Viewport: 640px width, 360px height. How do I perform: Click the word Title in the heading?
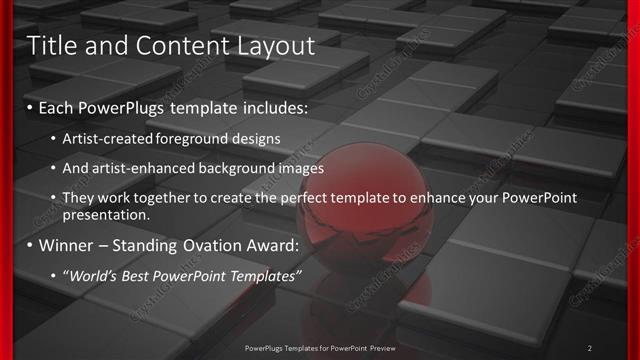click(x=51, y=45)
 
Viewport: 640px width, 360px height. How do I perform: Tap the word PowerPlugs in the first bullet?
click(x=127, y=107)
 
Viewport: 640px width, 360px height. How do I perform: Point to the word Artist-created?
click(x=109, y=139)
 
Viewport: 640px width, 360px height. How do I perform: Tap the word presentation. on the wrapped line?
click(x=106, y=214)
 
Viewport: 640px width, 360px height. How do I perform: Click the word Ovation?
click(x=225, y=245)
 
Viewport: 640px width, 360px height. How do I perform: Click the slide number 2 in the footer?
click(x=589, y=348)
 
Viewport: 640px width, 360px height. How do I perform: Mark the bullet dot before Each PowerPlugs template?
click(x=30, y=107)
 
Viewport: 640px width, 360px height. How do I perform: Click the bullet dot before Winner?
click(x=30, y=245)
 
